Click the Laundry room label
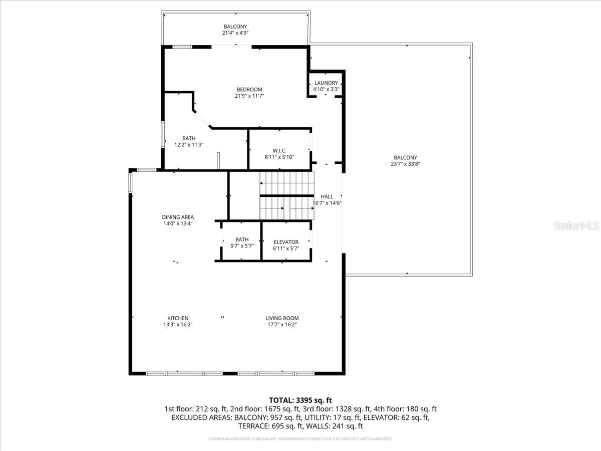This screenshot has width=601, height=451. click(x=326, y=83)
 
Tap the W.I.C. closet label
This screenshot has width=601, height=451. click(x=279, y=150)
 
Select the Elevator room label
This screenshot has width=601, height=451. click(x=286, y=242)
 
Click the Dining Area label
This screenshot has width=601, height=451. click(x=178, y=217)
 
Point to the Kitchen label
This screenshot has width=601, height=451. click(x=178, y=318)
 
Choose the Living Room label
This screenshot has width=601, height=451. click(x=282, y=318)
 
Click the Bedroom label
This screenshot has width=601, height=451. click(x=249, y=90)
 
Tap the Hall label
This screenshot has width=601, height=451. click(x=327, y=196)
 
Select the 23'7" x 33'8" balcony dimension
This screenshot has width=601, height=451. click(x=405, y=164)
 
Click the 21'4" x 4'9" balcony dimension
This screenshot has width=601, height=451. click(x=235, y=33)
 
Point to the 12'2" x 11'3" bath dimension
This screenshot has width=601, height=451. click(x=189, y=145)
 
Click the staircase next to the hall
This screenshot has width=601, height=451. click(x=286, y=195)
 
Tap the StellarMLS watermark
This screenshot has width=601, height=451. click(x=576, y=227)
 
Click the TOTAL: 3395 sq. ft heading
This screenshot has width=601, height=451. click(x=300, y=400)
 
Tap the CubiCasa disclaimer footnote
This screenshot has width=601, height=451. click(x=300, y=439)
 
